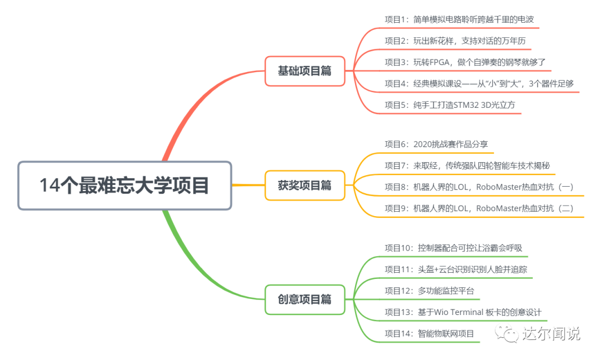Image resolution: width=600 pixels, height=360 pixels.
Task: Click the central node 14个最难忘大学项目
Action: [x=124, y=186]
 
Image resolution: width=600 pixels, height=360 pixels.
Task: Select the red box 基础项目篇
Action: [x=304, y=71]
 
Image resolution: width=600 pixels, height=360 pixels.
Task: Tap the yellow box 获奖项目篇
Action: [x=304, y=186]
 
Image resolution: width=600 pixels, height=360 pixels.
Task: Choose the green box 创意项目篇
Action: [x=304, y=299]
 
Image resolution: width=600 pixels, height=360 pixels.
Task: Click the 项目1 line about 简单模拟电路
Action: [x=459, y=19]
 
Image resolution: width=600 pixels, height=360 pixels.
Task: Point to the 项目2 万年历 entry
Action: [x=454, y=40]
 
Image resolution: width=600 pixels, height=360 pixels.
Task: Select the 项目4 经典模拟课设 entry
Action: [x=479, y=83]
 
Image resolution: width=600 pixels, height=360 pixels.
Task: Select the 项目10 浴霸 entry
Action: [x=453, y=248]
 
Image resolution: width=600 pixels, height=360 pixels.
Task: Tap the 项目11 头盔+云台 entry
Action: [x=456, y=269]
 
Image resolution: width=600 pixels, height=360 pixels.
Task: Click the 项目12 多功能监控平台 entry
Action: [x=429, y=291]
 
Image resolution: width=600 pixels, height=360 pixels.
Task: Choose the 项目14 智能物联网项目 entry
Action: [x=429, y=333]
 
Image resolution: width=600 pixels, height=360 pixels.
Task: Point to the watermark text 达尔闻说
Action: [x=551, y=333]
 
